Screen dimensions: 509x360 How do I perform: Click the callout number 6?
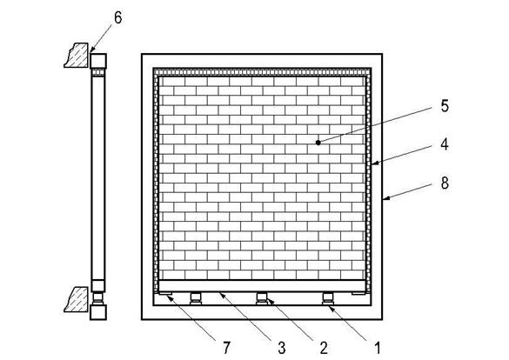tap(117, 17)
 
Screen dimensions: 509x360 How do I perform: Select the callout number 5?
tap(445, 106)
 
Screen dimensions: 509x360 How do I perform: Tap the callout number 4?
tap(445, 144)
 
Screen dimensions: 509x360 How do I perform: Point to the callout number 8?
tap(445, 183)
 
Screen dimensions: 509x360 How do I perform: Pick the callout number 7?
tap(226, 348)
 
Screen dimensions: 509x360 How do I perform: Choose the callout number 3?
tap(282, 348)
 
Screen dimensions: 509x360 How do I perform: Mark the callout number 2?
tap(324, 348)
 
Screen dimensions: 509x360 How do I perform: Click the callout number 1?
tap(378, 348)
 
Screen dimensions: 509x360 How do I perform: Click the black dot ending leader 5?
tap(318, 143)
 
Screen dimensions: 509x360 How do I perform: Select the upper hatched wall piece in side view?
tap(77, 56)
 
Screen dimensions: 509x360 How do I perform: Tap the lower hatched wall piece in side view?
tap(77, 299)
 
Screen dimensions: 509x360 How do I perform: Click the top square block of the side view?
tap(98, 61)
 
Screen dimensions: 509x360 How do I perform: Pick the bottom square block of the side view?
tap(98, 312)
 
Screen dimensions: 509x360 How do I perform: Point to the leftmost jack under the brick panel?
tap(196, 298)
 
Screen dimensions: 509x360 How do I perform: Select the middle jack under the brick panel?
tap(262, 298)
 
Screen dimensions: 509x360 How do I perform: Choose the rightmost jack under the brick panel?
tap(328, 298)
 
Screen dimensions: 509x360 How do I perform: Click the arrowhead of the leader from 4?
tap(375, 163)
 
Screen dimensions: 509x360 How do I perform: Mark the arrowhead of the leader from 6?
tap(92, 50)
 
